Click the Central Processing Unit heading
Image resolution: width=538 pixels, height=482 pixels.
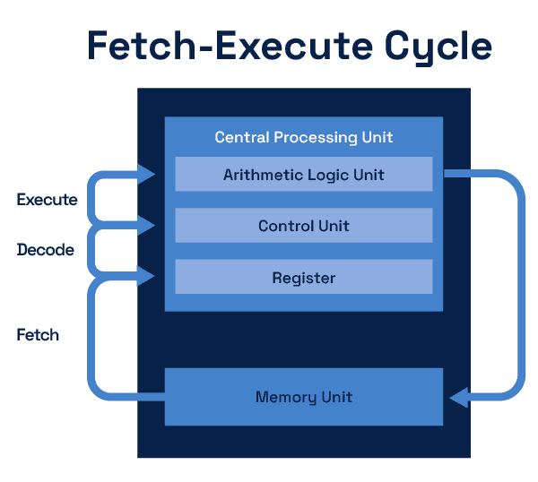tap(303, 138)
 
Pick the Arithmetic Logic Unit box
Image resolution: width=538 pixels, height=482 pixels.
tap(303, 175)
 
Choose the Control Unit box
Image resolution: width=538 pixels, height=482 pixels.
tap(303, 226)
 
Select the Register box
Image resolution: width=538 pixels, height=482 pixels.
tap(303, 278)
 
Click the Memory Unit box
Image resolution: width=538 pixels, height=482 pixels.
tap(303, 397)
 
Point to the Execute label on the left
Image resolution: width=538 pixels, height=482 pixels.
tap(47, 200)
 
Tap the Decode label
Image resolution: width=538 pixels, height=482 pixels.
tap(45, 250)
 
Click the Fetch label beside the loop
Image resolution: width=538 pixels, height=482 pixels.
tap(38, 335)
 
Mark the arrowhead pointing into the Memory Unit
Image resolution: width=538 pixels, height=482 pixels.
tap(458, 396)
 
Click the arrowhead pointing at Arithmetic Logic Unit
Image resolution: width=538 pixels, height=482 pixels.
tap(147, 173)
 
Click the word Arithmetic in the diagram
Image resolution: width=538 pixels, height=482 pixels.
tap(261, 175)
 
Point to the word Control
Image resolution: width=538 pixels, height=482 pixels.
tap(285, 226)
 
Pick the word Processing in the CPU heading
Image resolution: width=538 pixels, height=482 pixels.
tap(317, 138)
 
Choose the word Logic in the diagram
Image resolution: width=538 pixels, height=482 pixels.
tap(329, 175)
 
